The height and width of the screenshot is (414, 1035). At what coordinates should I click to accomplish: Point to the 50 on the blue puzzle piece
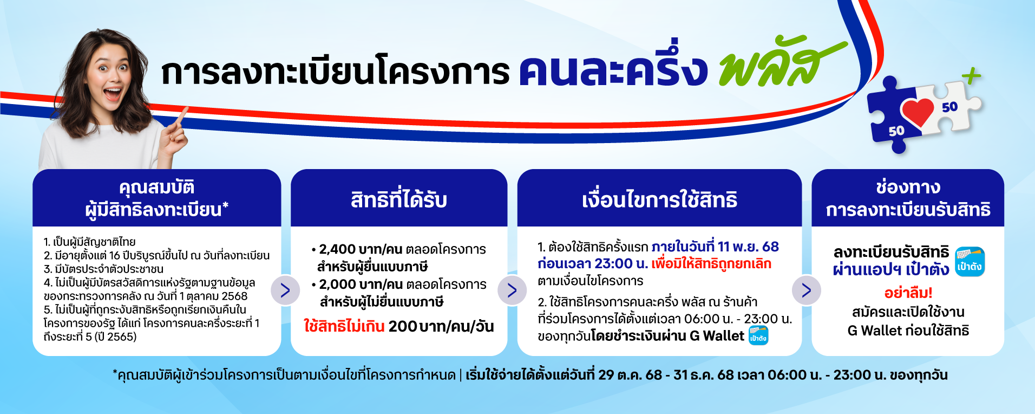[x=896, y=131]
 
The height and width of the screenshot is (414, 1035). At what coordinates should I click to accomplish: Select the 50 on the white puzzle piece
[x=949, y=107]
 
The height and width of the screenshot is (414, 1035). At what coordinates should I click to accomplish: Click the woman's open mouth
[x=113, y=94]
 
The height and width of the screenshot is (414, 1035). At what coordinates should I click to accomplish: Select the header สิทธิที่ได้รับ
[x=399, y=200]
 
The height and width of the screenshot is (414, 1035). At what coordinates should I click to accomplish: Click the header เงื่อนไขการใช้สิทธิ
[x=659, y=200]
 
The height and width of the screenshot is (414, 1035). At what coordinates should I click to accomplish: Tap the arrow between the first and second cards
[x=285, y=290]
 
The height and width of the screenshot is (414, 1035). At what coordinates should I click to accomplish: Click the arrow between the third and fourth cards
[x=806, y=290]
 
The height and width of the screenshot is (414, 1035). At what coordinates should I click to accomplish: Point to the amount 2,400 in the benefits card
[x=337, y=249]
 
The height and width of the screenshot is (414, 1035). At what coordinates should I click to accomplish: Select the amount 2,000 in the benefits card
[x=337, y=284]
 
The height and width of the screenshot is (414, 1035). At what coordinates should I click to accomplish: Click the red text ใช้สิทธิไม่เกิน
[x=344, y=326]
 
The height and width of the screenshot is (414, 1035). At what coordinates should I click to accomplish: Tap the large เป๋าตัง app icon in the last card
[x=970, y=261]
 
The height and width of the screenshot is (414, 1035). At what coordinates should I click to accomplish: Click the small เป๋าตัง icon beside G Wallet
[x=758, y=336]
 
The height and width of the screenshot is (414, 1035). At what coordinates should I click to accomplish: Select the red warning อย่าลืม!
[x=908, y=293]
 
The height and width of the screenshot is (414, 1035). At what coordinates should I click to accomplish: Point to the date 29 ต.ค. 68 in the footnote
[x=630, y=375]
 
